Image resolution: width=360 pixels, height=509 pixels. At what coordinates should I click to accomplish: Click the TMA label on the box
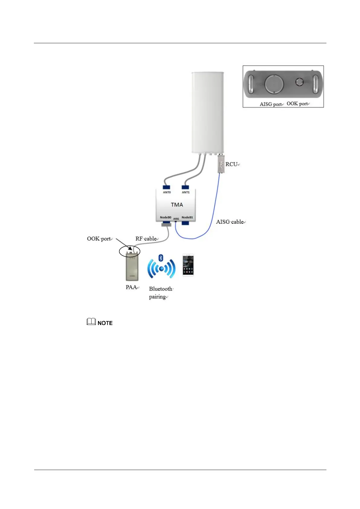[177, 205]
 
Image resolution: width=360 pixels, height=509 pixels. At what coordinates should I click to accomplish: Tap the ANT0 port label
[167, 192]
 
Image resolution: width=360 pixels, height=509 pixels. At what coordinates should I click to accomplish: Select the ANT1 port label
[186, 192]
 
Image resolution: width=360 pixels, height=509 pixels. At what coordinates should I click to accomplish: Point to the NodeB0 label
[166, 217]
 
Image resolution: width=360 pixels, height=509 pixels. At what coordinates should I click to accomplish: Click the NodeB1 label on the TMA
[187, 217]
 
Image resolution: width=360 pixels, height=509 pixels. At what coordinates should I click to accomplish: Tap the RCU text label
[232, 164]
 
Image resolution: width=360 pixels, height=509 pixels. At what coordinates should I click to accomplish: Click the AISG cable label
[230, 222]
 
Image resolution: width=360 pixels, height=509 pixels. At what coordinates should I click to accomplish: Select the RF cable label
[146, 239]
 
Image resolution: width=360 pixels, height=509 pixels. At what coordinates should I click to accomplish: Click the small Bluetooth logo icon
[161, 258]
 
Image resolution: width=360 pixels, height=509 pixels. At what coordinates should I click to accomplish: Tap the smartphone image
[188, 265]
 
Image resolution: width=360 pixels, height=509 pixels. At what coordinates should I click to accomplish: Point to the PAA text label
[131, 287]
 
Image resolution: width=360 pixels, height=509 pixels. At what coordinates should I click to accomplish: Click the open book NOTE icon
[91, 322]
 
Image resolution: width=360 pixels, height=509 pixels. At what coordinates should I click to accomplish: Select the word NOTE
[105, 323]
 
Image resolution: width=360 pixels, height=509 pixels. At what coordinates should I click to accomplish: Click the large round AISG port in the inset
[274, 84]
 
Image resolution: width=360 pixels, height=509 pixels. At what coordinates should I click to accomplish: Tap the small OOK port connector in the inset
[300, 82]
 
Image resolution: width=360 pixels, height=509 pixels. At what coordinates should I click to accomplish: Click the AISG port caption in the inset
[271, 104]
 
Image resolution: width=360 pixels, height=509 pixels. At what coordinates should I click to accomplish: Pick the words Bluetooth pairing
[160, 293]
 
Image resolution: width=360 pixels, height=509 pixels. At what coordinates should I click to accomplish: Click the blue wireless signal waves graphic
[161, 268]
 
